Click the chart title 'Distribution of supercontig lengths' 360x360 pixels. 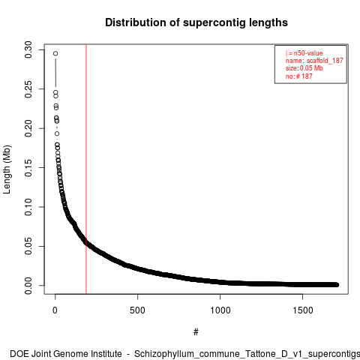click(x=196, y=22)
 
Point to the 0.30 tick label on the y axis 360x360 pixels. click(x=28, y=49)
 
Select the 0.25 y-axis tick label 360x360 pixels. click(x=28, y=89)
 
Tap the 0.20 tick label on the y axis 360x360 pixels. click(x=28, y=128)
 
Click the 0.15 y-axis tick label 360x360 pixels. click(x=28, y=167)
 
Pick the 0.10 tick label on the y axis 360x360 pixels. click(x=28, y=207)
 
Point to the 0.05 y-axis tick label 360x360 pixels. click(x=28, y=246)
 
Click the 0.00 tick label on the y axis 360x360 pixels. click(x=28, y=286)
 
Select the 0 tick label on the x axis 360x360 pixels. click(x=55, y=310)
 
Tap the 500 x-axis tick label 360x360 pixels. click(x=137, y=310)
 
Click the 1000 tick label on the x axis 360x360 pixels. click(x=220, y=310)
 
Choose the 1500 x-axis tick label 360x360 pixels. click(x=302, y=310)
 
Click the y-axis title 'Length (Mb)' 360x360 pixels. click(x=7, y=169)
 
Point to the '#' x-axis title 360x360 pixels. click(x=196, y=332)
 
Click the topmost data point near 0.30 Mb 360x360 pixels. click(x=55, y=53)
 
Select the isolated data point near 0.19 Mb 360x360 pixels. click(x=57, y=133)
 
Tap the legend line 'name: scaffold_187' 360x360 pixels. click(x=314, y=61)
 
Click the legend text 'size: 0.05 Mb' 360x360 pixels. click(x=304, y=68)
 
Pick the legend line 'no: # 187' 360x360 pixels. click(x=299, y=76)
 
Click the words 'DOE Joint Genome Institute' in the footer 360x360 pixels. click(x=66, y=354)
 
